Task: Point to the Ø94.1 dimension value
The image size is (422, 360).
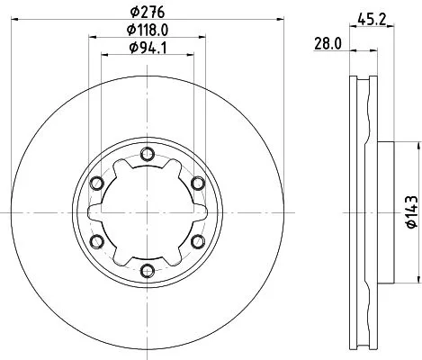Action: tap(148, 49)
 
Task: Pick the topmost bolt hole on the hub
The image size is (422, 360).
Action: tap(148, 153)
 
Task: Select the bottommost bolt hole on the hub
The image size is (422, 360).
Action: tap(148, 268)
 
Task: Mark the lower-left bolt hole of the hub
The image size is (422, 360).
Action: tap(98, 239)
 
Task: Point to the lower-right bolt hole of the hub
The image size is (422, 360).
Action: tap(198, 239)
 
